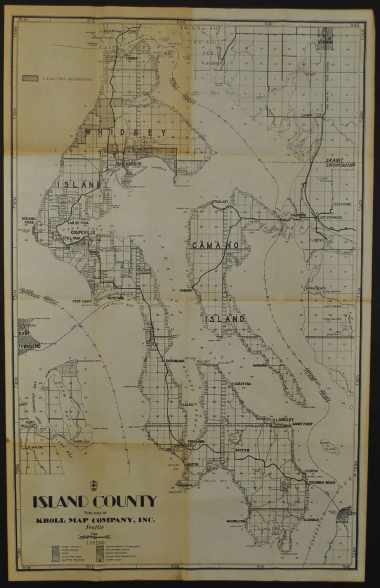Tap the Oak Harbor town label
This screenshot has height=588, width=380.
click(x=129, y=164)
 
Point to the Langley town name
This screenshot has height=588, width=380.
click(x=285, y=419)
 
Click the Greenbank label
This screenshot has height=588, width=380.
click(x=176, y=361)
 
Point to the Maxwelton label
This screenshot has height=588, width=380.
click(x=237, y=522)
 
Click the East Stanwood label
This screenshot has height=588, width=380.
click(x=331, y=217)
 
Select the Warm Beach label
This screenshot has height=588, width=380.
click(x=315, y=288)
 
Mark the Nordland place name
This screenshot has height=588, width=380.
click(x=82, y=441)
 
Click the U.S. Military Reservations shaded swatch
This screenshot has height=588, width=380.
click(x=31, y=78)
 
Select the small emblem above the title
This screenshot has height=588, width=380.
click(x=95, y=484)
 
